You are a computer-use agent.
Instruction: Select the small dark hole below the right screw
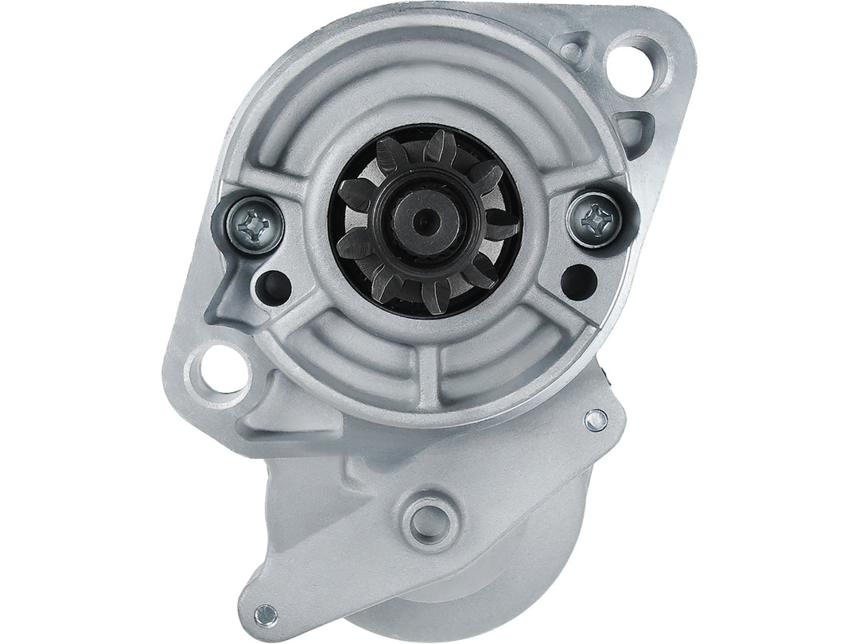tap(578, 281)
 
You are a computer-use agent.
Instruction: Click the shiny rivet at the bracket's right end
tap(595, 420)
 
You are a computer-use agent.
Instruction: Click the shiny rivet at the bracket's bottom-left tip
tap(265, 614)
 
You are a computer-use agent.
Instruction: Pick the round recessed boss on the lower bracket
tap(429, 518)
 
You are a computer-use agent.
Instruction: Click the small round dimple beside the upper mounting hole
tap(571, 50)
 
